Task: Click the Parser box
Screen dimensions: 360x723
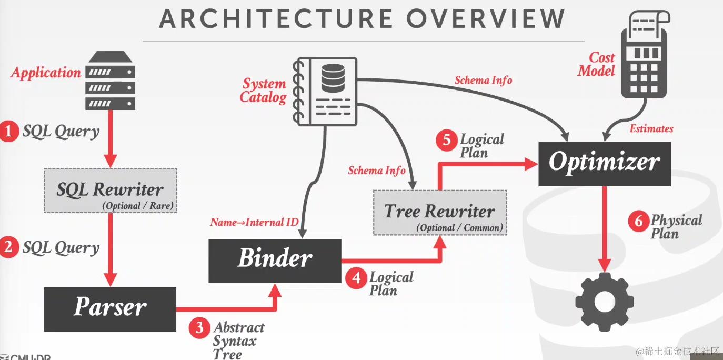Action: tap(110, 309)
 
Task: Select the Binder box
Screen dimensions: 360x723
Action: tap(275, 261)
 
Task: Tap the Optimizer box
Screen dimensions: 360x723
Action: tap(604, 163)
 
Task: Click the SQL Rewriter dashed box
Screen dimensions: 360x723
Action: tap(111, 191)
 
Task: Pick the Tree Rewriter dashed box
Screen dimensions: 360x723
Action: tap(440, 213)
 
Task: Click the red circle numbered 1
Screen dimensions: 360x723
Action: tap(9, 131)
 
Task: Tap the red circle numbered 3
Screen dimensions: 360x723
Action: tap(199, 328)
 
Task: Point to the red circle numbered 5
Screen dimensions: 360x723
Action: tap(447, 141)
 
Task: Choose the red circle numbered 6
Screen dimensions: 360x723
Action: tap(638, 222)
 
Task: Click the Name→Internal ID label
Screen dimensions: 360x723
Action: tap(254, 222)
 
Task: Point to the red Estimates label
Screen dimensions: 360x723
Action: tap(651, 128)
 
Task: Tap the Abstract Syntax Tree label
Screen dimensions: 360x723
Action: tap(238, 340)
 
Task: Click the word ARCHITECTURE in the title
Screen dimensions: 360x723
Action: tap(276, 18)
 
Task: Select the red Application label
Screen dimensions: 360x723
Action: tap(46, 73)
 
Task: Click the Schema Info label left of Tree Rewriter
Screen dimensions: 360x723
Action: tap(377, 171)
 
